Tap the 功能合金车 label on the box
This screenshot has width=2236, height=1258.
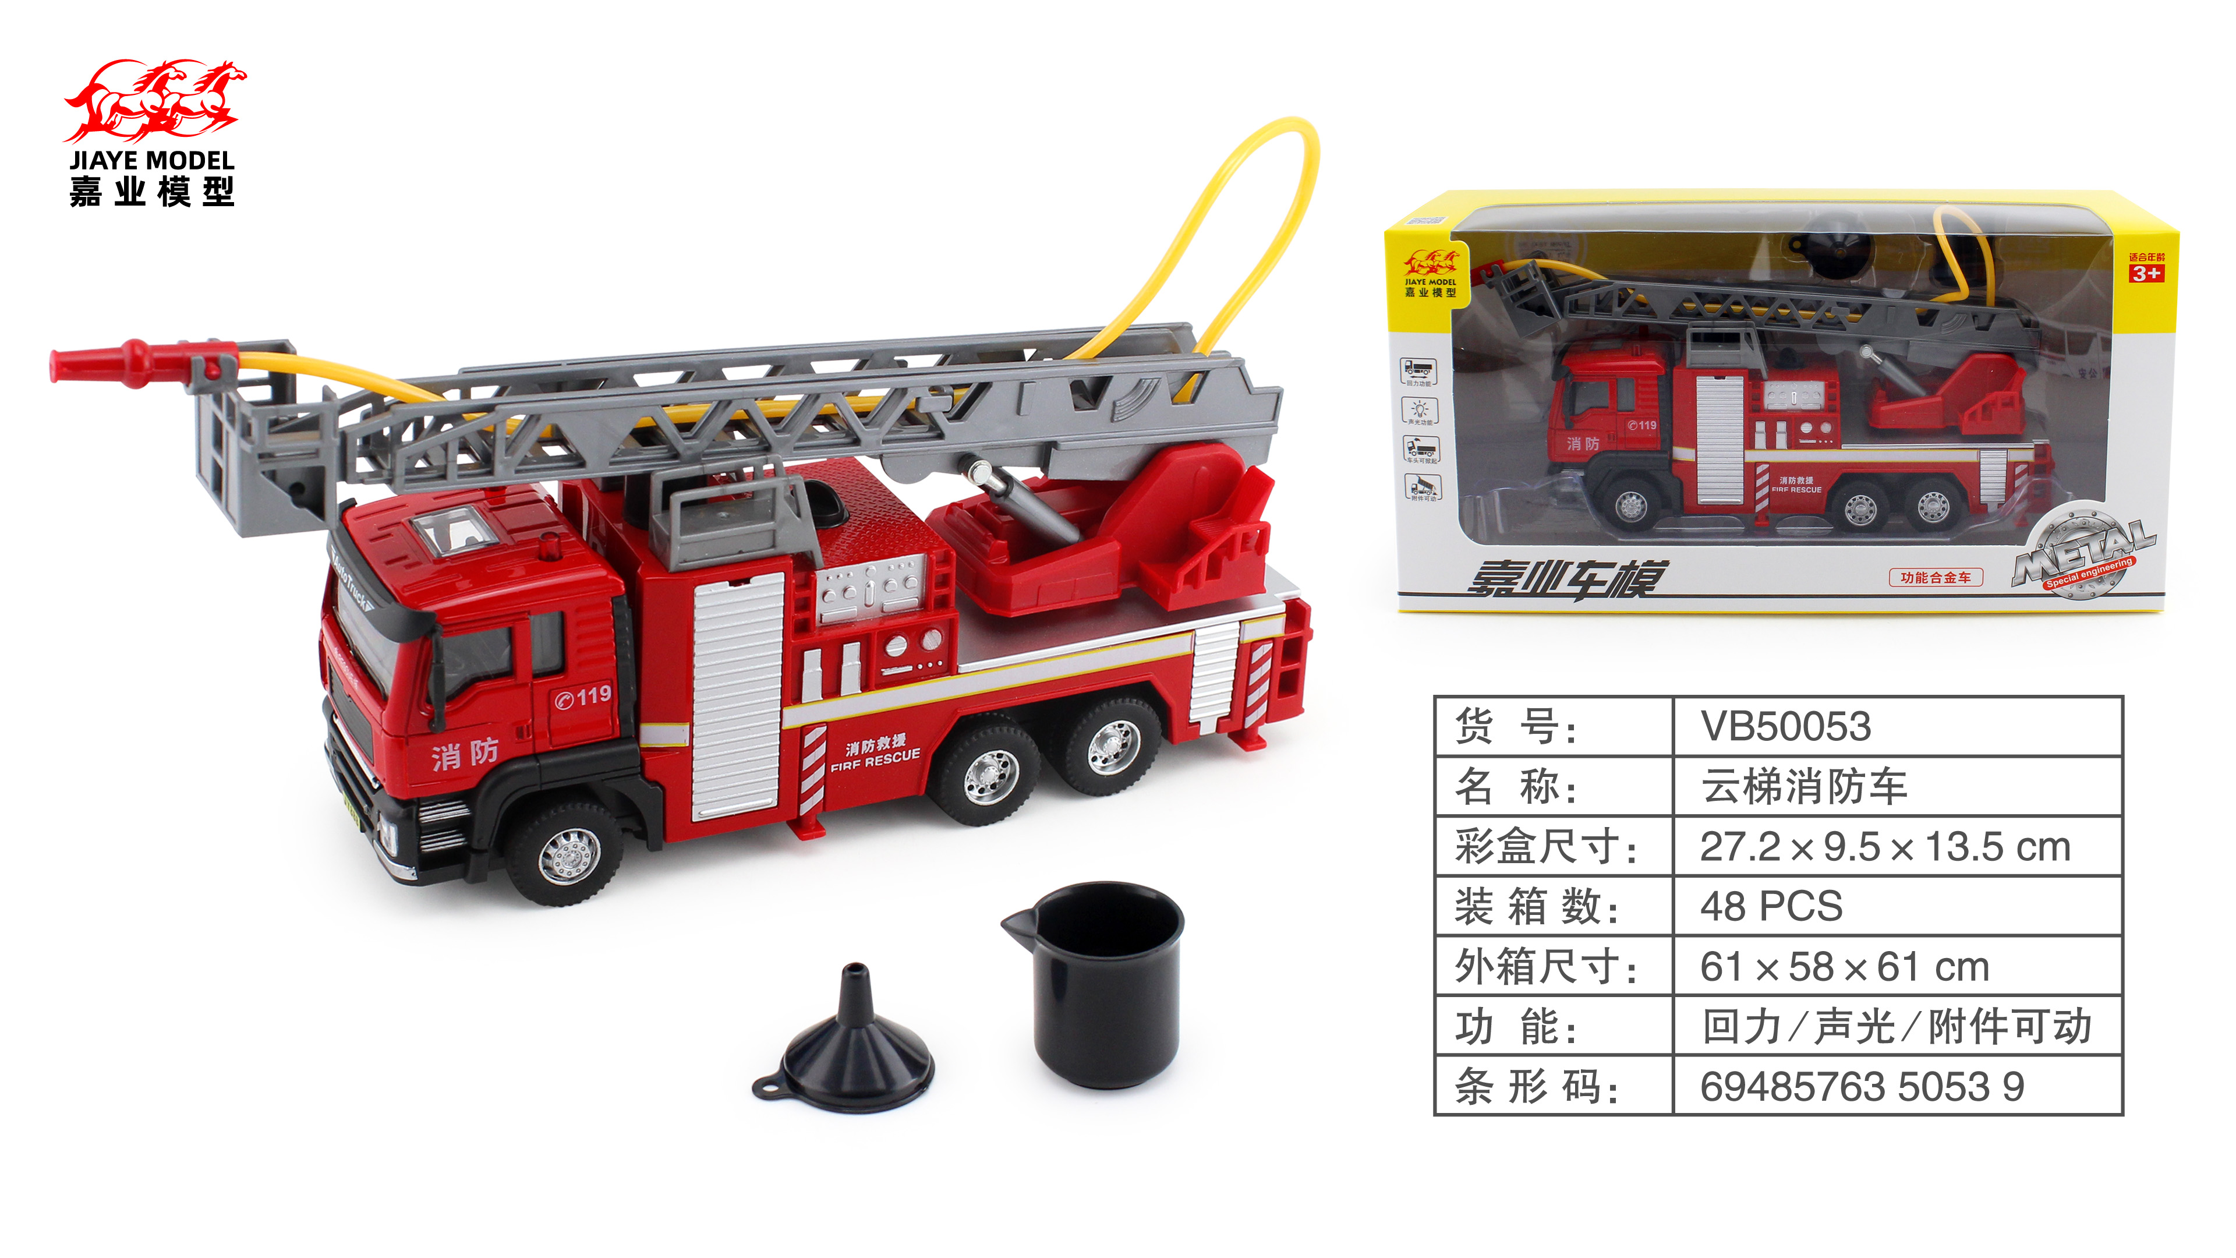tap(1935, 577)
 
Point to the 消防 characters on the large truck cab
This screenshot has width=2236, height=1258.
tap(465, 754)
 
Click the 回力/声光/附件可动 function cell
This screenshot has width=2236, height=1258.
tap(1896, 1026)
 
